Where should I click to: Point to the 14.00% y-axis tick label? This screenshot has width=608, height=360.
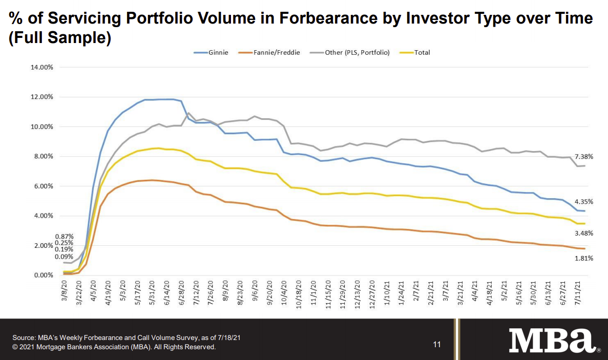click(x=42, y=67)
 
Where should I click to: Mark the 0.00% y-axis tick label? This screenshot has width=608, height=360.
click(x=44, y=276)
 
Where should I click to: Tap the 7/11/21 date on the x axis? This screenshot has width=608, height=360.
click(x=579, y=291)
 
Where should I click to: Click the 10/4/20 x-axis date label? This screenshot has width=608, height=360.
click(x=284, y=291)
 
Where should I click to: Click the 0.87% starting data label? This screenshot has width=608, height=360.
click(x=65, y=236)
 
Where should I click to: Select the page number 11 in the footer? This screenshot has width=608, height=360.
click(x=437, y=345)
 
